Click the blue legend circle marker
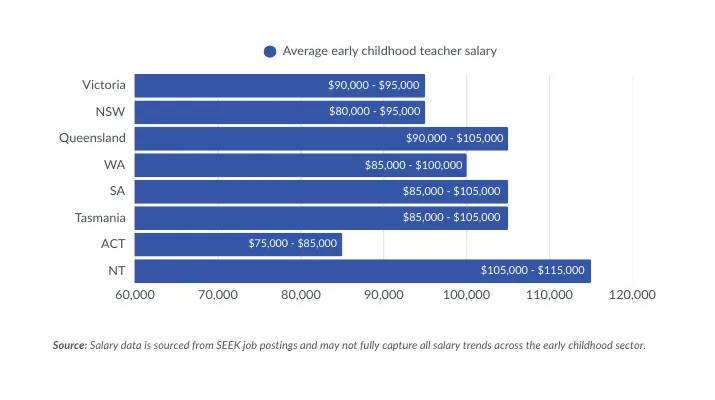coord(270,51)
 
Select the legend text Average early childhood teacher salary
coord(389,51)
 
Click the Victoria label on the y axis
coord(103,85)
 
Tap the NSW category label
coord(110,112)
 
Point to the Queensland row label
coord(92,138)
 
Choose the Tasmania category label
coord(100,217)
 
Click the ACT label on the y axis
coord(112,244)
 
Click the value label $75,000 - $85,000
coord(292,244)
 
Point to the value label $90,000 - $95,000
coord(374,85)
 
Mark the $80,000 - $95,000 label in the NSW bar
coord(374,112)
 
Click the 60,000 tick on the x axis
coord(134,295)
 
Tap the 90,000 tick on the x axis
coord(383,295)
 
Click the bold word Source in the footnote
coord(69,345)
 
